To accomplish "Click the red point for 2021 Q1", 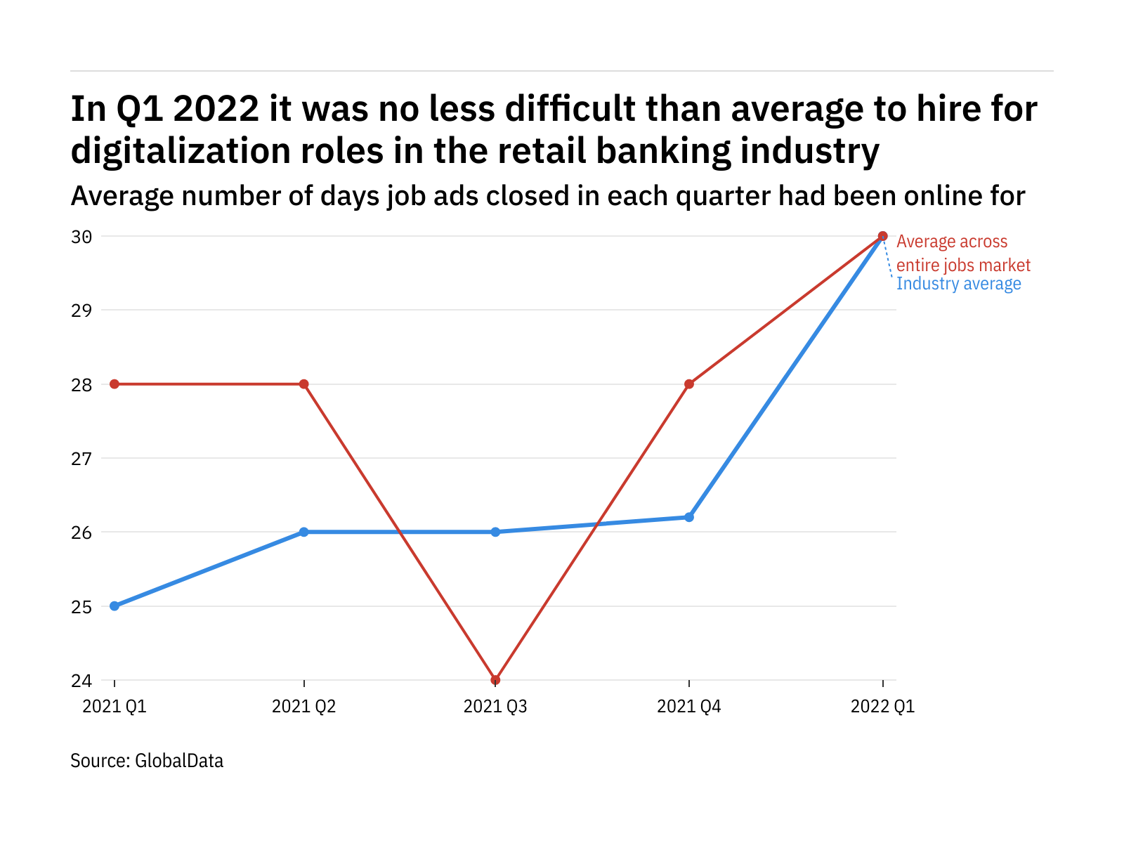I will pyautogui.click(x=115, y=384).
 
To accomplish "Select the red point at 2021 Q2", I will pyautogui.click(x=303, y=384).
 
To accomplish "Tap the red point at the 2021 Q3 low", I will pyautogui.click(x=495, y=680).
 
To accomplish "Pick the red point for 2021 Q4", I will pyautogui.click(x=689, y=384).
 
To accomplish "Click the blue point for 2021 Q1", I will pyautogui.click(x=115, y=606).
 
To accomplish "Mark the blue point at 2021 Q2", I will pyautogui.click(x=303, y=532).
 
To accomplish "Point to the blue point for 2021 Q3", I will pyautogui.click(x=495, y=532).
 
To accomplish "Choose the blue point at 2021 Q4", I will pyautogui.click(x=689, y=517).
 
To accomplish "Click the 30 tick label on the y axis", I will pyautogui.click(x=81, y=237).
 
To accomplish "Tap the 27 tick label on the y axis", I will pyautogui.click(x=81, y=459).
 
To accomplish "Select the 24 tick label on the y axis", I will pyautogui.click(x=81, y=681).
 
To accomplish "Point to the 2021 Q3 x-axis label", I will pyautogui.click(x=495, y=707).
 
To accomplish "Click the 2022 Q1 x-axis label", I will pyautogui.click(x=882, y=707).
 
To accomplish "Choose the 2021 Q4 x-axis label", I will pyautogui.click(x=689, y=707).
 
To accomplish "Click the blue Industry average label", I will pyautogui.click(x=958, y=284).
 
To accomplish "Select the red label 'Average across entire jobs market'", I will pyautogui.click(x=962, y=253).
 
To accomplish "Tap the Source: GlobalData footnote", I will pyautogui.click(x=147, y=761).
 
